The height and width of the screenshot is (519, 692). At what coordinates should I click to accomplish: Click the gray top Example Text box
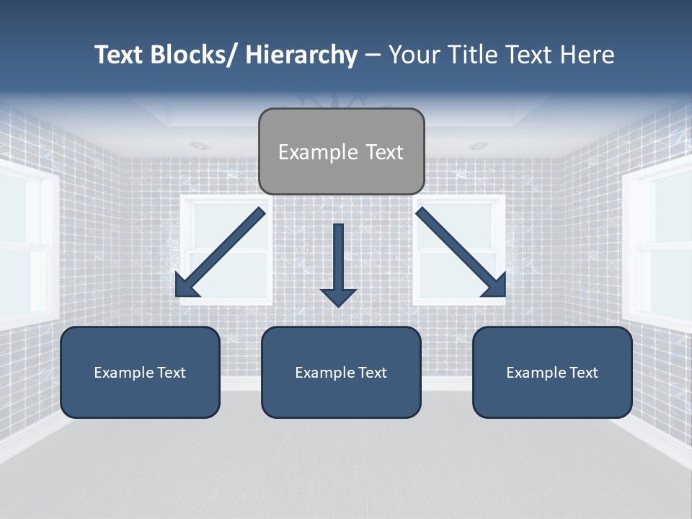pyautogui.click(x=341, y=151)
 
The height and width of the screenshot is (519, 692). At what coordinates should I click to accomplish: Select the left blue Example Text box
pyautogui.click(x=140, y=372)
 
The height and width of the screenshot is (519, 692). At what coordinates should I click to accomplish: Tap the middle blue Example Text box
pyautogui.click(x=341, y=372)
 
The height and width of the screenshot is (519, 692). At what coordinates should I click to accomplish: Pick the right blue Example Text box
pyautogui.click(x=552, y=372)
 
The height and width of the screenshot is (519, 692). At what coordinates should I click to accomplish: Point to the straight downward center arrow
pyautogui.click(x=339, y=259)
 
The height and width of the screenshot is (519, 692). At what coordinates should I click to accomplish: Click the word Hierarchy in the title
pyautogui.click(x=301, y=55)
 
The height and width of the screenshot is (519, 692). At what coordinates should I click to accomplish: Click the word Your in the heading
pyautogui.click(x=413, y=55)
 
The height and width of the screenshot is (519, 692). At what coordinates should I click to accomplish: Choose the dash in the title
pyautogui.click(x=373, y=56)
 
